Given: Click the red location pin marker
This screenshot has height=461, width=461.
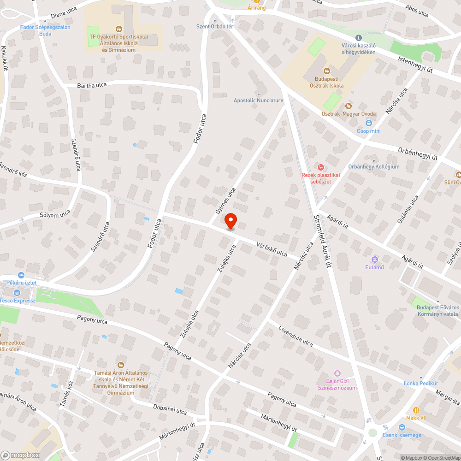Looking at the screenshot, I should pos(230,221).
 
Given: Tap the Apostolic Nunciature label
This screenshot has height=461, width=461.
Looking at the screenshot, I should pos(258,100).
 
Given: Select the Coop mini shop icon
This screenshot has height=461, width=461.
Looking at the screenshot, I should pos(369,123).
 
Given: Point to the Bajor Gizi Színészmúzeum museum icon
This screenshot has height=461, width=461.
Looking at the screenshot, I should pos(337,373).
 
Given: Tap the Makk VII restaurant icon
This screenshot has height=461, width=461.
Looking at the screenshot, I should pos(416,410).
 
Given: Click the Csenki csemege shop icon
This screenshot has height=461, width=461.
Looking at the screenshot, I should pos(402,427).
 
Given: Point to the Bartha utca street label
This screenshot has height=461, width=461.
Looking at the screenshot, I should pos(92,85).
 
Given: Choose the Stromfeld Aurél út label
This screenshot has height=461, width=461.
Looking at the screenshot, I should pos(322,241).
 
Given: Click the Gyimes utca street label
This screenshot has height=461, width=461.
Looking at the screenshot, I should pos(225,201).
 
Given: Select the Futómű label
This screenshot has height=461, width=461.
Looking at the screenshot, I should pos(374,267).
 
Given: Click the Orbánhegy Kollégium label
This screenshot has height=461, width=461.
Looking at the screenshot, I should pos(374,166).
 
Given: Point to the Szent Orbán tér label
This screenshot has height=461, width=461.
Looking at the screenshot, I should pos(214,26).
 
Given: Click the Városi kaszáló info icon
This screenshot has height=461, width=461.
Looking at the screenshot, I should pos(358,37).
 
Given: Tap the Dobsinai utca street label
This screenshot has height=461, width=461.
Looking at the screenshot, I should pos(170,409).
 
